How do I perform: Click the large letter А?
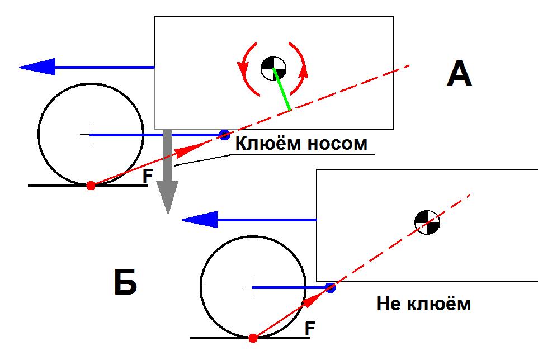pos(460,73)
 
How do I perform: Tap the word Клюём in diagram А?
pos(268,143)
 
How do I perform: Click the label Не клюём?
pos(424,304)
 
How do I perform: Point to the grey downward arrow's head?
pos(167,196)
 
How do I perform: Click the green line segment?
pos(282,89)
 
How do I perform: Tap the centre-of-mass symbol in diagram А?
pos(273,69)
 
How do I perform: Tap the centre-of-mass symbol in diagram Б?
pos(427,222)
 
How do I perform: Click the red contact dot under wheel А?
pos(91,186)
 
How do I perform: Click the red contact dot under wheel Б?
pos(253,338)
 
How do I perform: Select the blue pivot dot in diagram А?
pos(224,135)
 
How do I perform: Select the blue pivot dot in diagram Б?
pos(330,287)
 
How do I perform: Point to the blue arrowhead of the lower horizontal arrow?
pos(199,220)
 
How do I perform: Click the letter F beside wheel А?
pos(148,176)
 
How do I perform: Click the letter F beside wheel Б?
pos(310,329)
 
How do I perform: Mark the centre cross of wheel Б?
pos(253,287)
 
